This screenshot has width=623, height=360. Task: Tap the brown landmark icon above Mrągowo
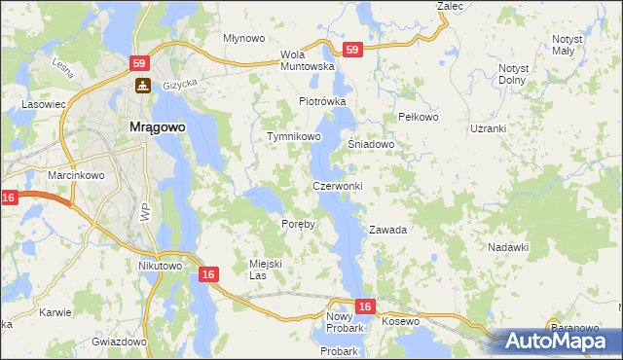click(141, 86)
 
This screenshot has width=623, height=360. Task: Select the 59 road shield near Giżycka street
click(141, 62)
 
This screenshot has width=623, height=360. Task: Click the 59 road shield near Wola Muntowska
click(351, 50)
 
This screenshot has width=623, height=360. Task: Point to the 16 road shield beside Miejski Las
click(208, 275)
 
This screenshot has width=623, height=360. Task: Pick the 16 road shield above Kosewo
click(364, 306)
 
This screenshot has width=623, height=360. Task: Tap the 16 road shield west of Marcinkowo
click(9, 198)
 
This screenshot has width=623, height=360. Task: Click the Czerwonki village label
click(337, 186)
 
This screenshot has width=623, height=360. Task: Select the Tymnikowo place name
click(294, 137)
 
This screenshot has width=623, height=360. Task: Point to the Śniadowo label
click(371, 144)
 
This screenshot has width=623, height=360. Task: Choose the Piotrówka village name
click(322, 101)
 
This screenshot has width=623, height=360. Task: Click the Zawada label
click(386, 231)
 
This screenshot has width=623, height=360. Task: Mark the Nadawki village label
click(507, 248)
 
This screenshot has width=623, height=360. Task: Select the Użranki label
click(489, 128)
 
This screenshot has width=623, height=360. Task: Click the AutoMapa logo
click(558, 342)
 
